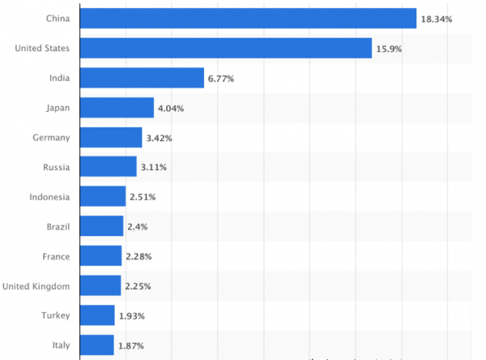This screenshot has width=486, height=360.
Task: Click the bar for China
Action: [x=248, y=18]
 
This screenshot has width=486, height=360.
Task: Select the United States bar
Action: [x=226, y=48]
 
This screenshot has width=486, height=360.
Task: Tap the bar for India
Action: [x=142, y=78]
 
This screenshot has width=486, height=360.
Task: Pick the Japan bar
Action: [x=117, y=108]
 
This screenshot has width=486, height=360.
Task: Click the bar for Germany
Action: [x=111, y=137]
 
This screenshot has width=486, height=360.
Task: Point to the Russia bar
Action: [x=109, y=167]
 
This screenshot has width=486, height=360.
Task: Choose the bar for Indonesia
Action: [x=103, y=196]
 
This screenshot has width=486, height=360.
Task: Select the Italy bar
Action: [x=97, y=345]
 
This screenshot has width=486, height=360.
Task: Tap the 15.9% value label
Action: [x=389, y=49]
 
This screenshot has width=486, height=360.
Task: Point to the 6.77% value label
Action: [x=224, y=79]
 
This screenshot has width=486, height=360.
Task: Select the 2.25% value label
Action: [x=139, y=286]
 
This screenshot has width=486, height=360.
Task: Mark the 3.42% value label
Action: [x=160, y=138]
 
